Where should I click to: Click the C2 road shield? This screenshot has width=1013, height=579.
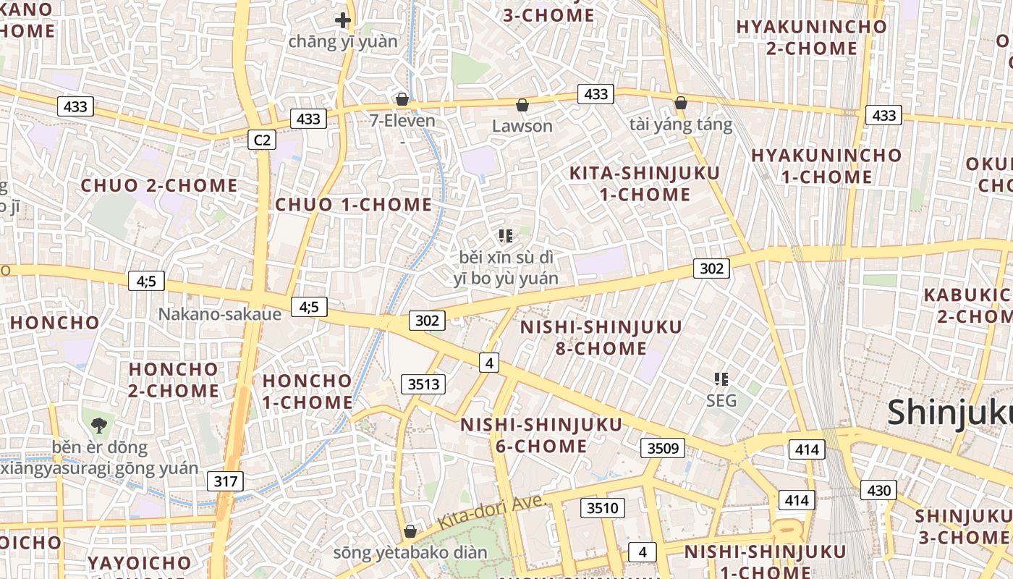tap(262, 140)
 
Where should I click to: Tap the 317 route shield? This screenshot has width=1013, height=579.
tap(225, 481)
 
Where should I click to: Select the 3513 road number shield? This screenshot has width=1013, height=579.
tap(423, 384)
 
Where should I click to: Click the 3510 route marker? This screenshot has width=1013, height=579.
tap(602, 508)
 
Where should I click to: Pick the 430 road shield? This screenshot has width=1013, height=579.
tap(878, 491)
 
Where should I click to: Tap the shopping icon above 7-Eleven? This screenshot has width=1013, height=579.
tap(402, 99)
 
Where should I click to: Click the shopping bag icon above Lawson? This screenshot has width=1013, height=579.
tap(522, 105)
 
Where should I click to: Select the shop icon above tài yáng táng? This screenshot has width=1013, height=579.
tap(680, 103)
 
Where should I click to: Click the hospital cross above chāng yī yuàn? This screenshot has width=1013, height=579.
tap(343, 20)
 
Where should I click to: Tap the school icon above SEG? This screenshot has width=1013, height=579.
tap(721, 379)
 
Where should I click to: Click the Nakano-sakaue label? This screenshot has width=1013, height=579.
tap(219, 314)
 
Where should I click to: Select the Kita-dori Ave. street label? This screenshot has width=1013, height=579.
tap(490, 512)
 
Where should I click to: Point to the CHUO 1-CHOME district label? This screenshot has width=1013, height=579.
tap(353, 205)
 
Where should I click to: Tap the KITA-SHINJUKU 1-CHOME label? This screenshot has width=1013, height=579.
tap(645, 184)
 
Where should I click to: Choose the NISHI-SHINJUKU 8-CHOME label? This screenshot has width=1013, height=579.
tap(601, 338)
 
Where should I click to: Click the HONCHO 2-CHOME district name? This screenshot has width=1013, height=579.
tap(174, 380)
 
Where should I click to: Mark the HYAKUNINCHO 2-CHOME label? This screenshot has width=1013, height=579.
tap(811, 38)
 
